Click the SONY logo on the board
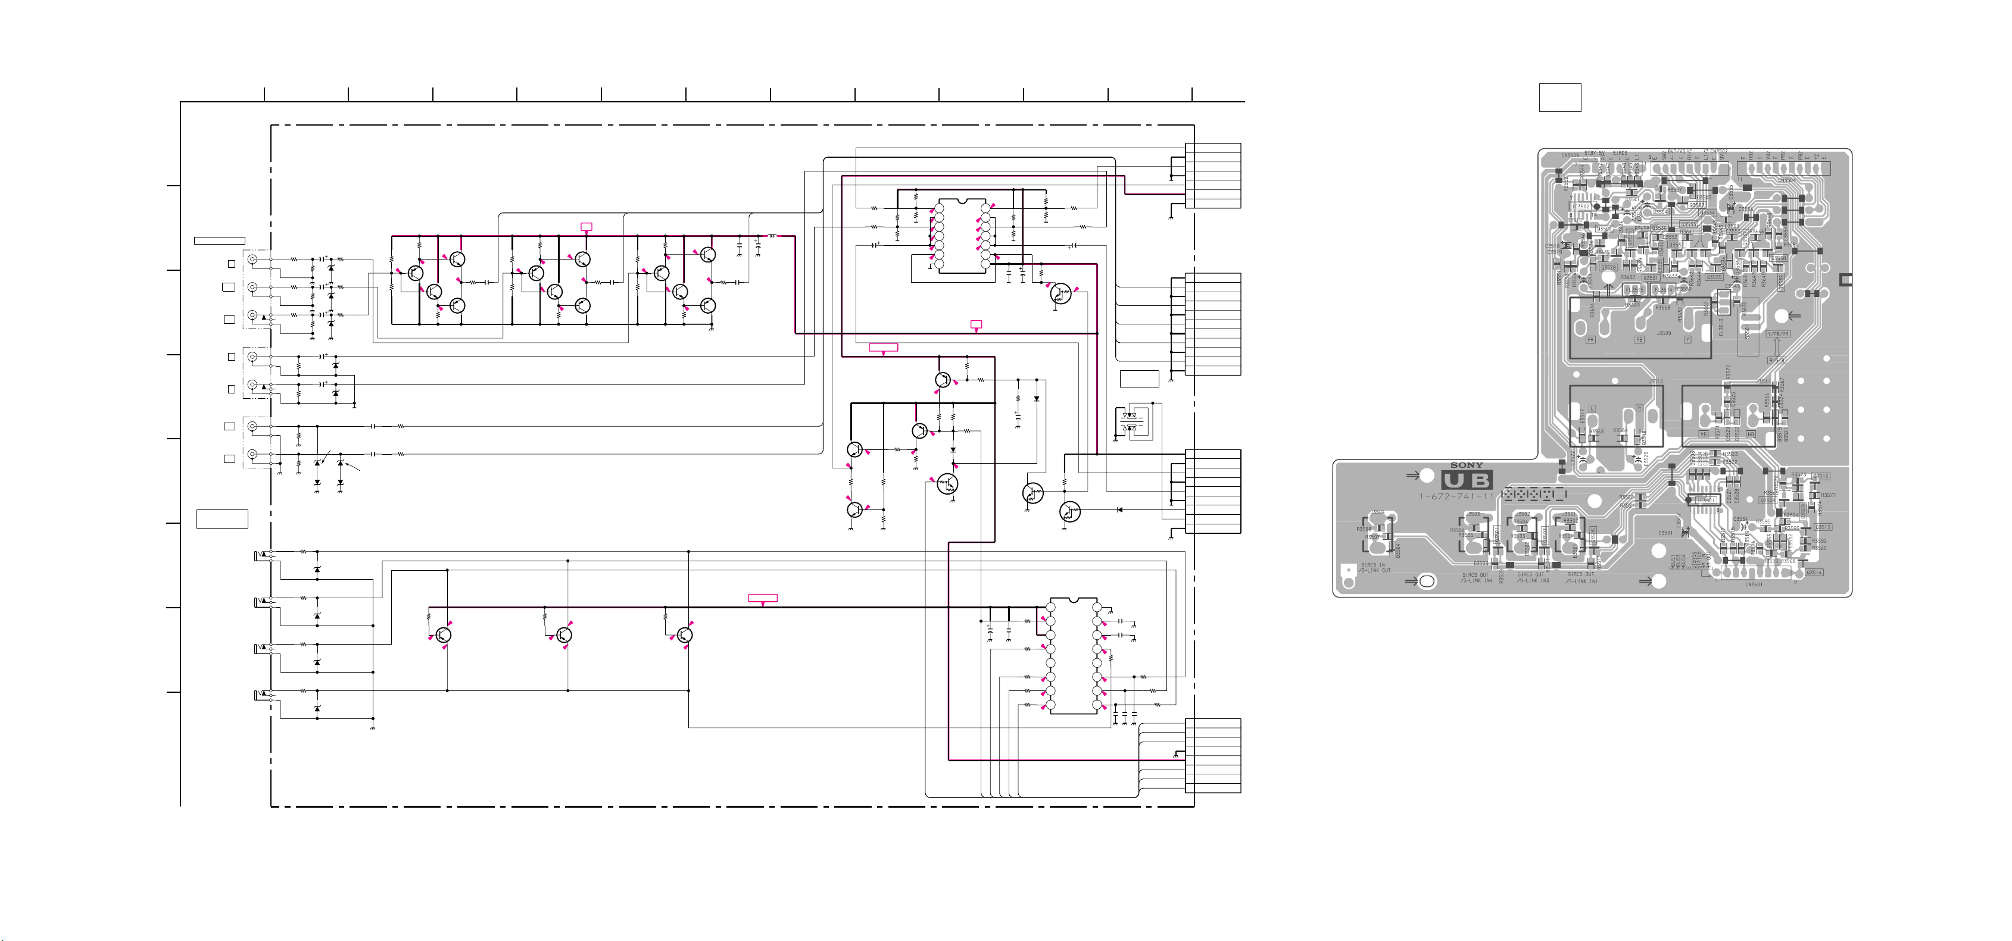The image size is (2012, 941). (x=1466, y=465)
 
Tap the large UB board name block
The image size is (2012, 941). (x=1467, y=481)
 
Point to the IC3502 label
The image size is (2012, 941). (x=1581, y=207)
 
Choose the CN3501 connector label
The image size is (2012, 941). (x=1754, y=584)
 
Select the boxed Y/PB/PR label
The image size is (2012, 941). (x=1777, y=334)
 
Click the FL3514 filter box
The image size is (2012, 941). (x=1664, y=290)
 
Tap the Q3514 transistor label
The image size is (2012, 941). (x=1814, y=573)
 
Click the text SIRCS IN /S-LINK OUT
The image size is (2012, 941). (x=1375, y=568)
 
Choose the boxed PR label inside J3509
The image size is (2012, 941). (x=1590, y=340)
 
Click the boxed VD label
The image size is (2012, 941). (x=1704, y=433)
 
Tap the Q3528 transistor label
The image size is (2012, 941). (x=1608, y=268)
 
